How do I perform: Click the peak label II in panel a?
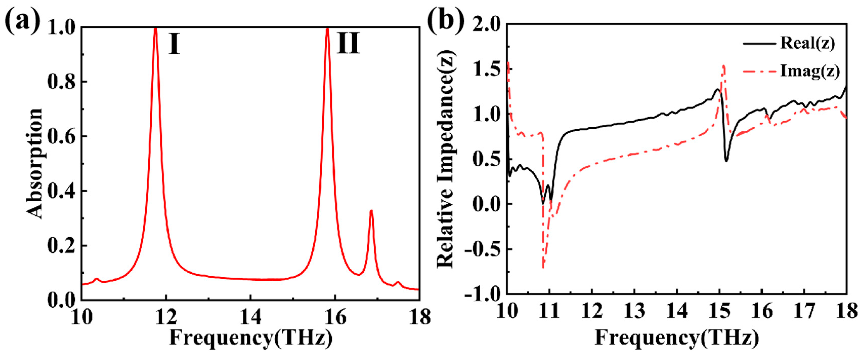[348, 44]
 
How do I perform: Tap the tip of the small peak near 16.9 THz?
[371, 210]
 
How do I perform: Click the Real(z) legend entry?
[807, 53]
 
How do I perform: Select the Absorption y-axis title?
[34, 164]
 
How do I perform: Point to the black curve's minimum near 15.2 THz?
[726, 161]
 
